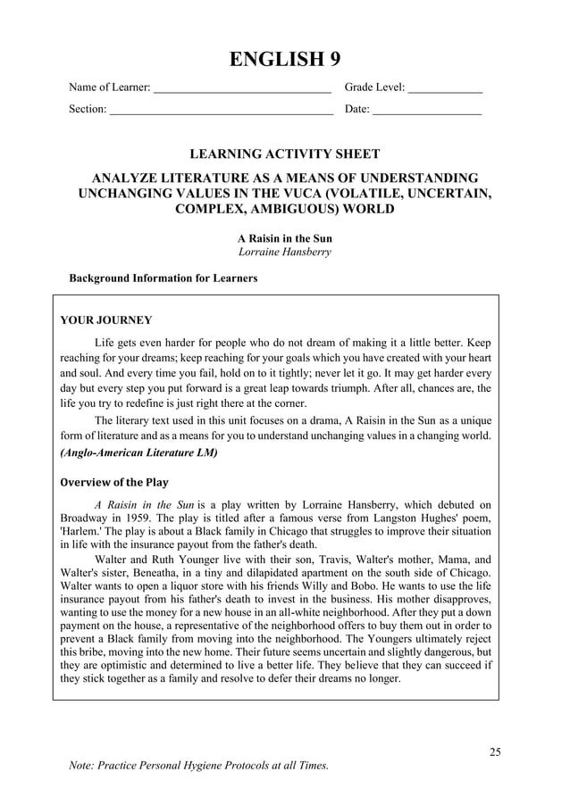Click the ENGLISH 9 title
[285, 60]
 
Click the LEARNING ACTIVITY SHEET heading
[285, 154]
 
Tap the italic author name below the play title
[285, 253]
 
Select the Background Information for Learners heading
[163, 278]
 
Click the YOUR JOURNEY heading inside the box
[105, 320]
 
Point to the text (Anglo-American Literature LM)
[138, 452]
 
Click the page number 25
[495, 751]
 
